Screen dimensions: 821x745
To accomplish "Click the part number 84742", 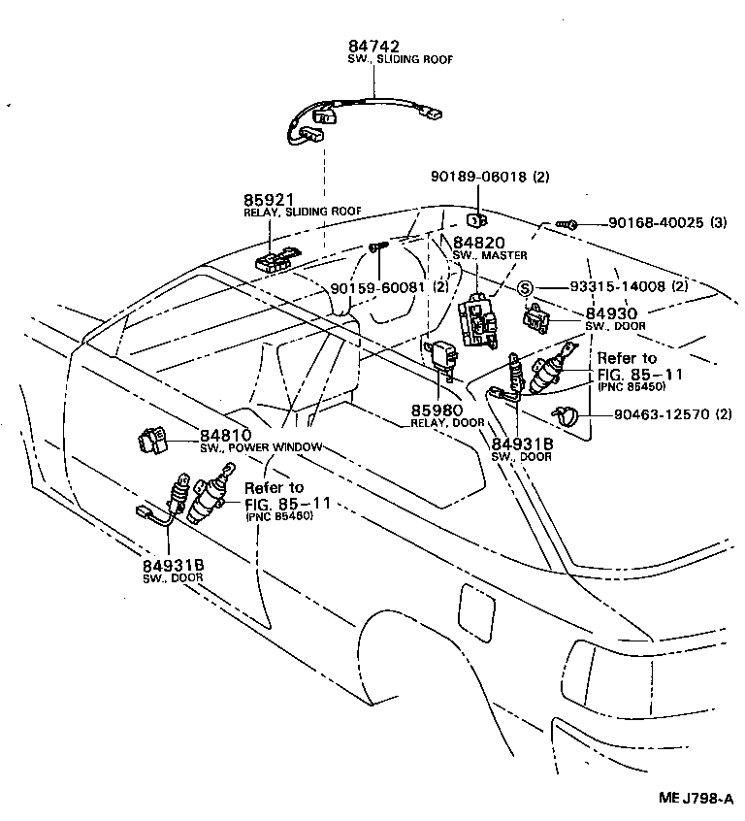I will (x=373, y=46).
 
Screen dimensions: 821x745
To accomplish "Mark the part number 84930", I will (x=611, y=313).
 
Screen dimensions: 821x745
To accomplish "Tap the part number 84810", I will (x=225, y=436).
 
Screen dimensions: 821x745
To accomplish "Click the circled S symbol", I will (x=524, y=287).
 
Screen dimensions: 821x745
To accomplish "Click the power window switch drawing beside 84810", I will (x=153, y=442).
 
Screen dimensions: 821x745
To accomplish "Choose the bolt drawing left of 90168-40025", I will (x=569, y=224).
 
